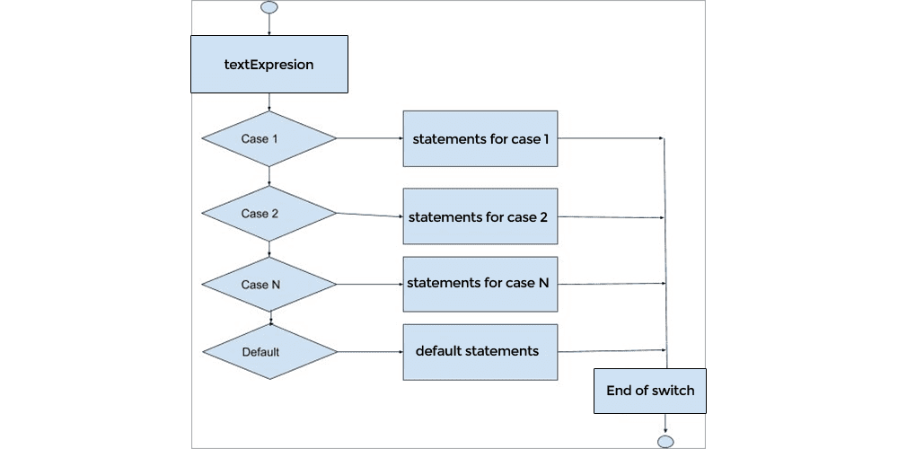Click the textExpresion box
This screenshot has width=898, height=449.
(269, 64)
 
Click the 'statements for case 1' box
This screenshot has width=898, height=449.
(480, 138)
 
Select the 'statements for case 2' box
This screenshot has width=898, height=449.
(480, 216)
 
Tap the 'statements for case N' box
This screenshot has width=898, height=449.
(480, 283)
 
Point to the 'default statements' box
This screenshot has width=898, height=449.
(480, 350)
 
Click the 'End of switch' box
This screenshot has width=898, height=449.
(650, 391)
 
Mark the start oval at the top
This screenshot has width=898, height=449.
(269, 7)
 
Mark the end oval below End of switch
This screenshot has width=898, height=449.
(665, 441)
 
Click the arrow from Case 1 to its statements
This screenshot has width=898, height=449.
(369, 138)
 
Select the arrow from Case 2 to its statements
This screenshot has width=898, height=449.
(369, 215)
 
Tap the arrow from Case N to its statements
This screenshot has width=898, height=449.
(369, 284)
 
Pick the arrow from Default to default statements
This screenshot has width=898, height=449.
(369, 351)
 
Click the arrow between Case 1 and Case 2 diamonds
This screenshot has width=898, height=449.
(269, 176)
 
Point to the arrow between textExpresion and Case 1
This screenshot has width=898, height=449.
(269, 101)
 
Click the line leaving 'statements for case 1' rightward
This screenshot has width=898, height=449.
(611, 138)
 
